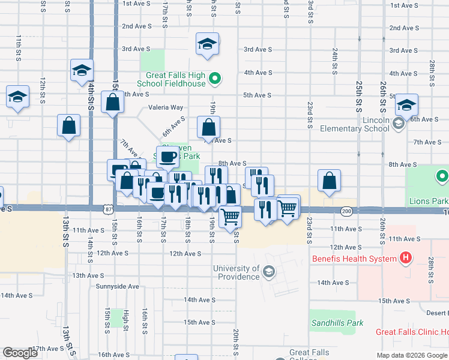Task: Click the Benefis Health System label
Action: (x=354, y=259)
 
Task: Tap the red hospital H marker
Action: (x=406, y=259)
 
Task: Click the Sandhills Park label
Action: (x=337, y=323)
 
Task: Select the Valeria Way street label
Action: (x=166, y=108)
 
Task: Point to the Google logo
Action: (x=20, y=353)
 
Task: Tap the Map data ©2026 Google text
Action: (x=412, y=355)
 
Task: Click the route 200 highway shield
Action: (x=346, y=211)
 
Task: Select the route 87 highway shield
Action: (x=107, y=208)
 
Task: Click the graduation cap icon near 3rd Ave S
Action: (x=207, y=44)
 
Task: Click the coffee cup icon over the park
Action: (x=168, y=157)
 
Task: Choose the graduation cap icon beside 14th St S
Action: (x=81, y=70)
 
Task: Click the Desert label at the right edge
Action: (x=438, y=313)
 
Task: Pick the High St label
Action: (x=126, y=320)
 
